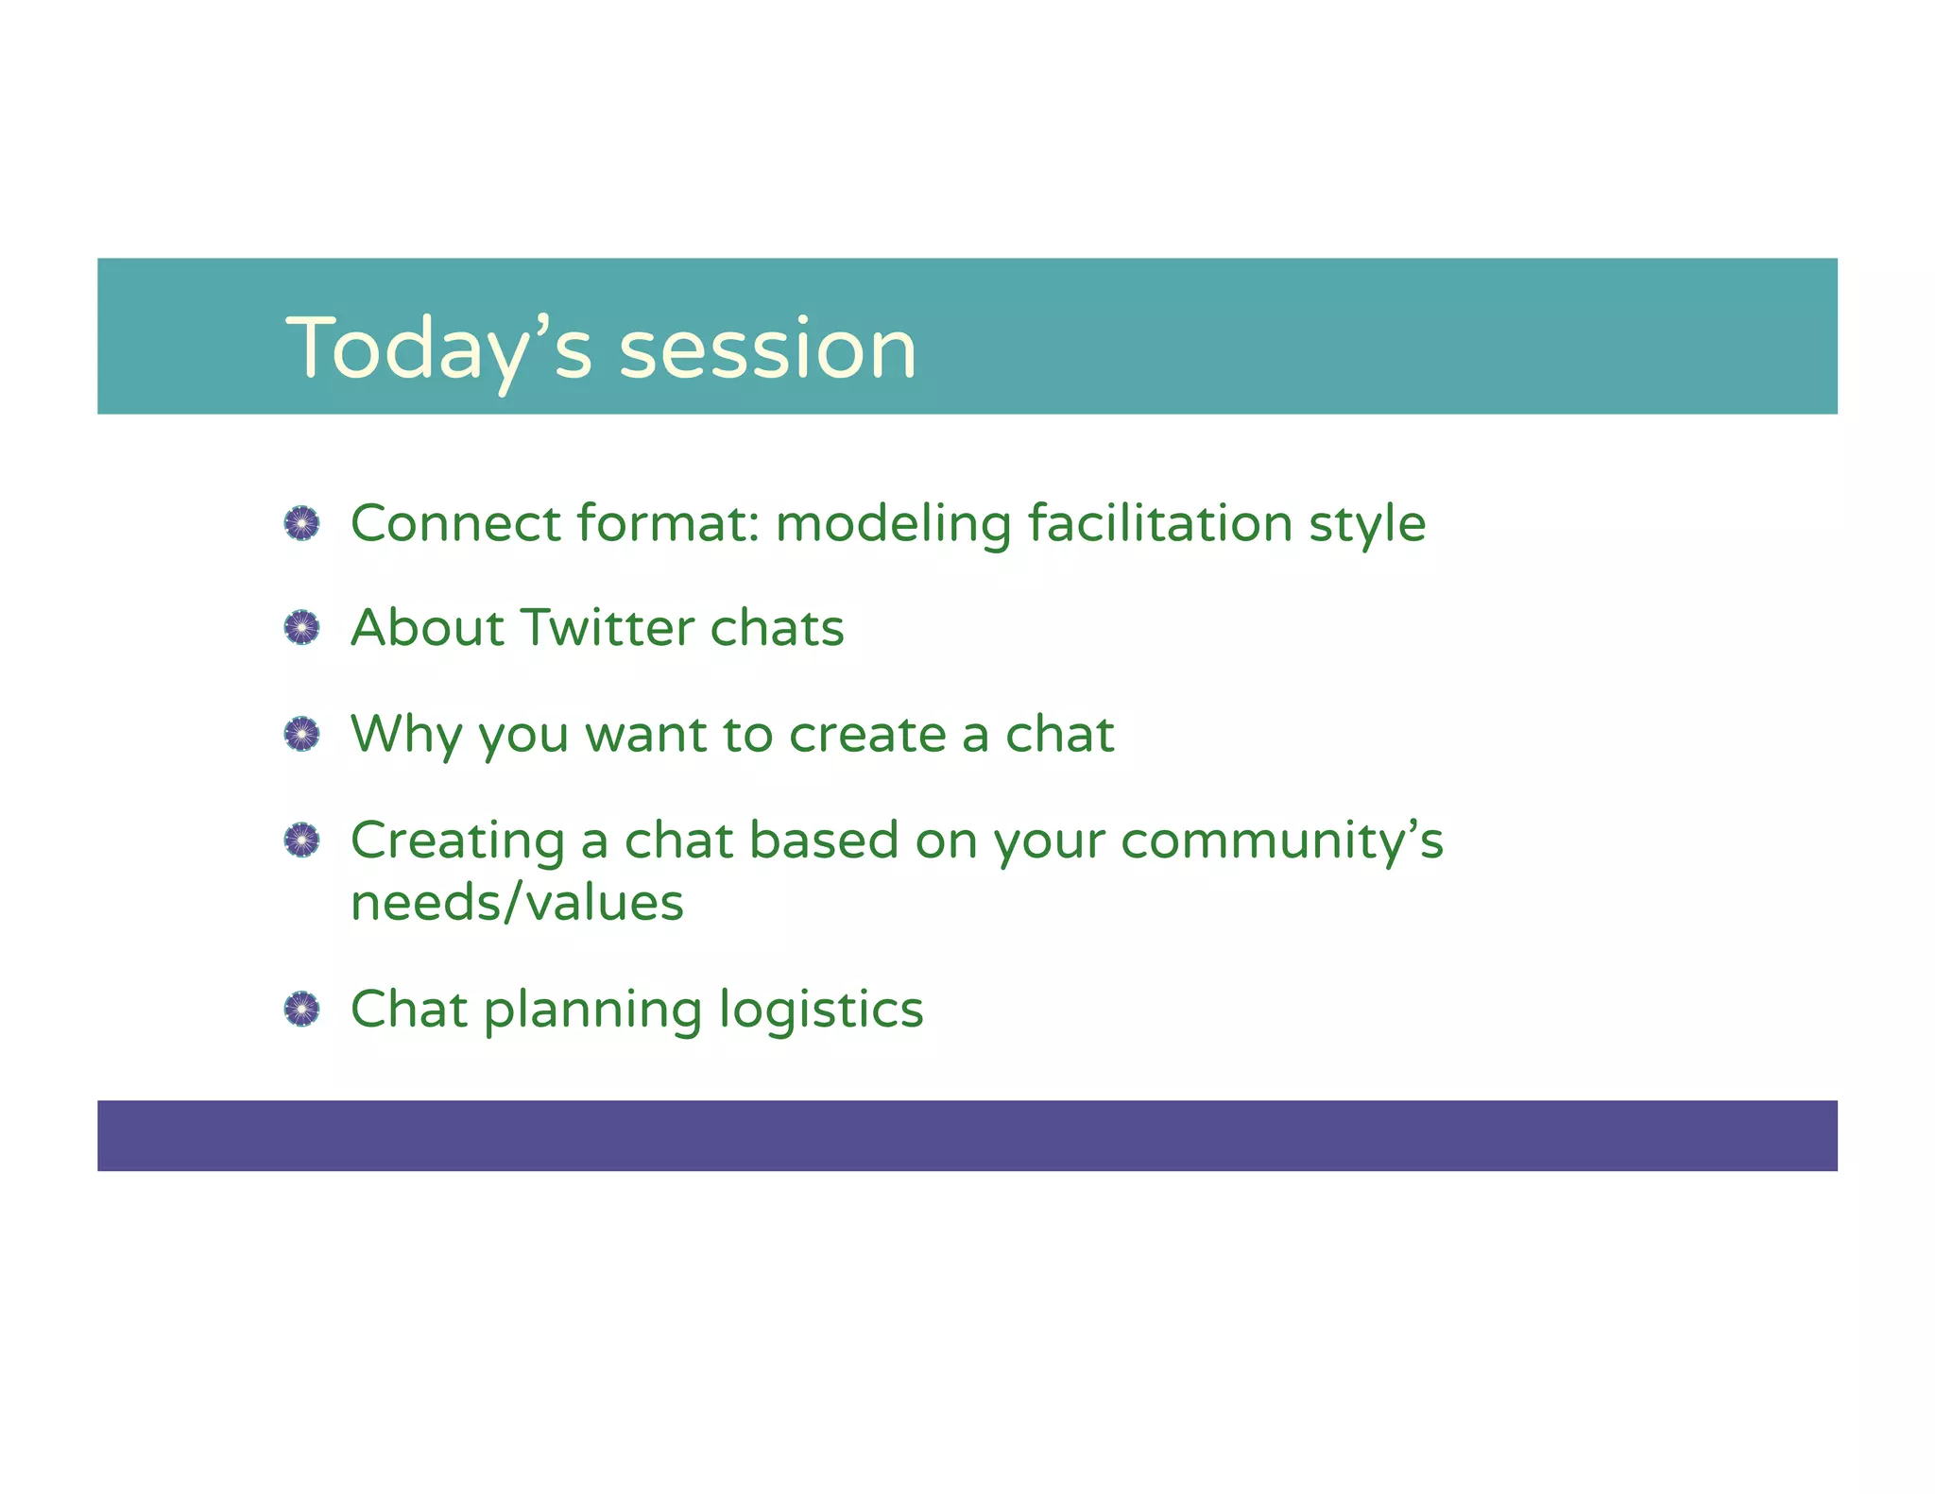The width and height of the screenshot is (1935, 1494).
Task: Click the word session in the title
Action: (767, 349)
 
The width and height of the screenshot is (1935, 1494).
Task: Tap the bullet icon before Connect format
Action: (302, 523)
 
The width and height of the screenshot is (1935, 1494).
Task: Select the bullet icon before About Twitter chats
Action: (302, 628)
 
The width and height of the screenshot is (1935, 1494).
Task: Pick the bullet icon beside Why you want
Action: (302, 734)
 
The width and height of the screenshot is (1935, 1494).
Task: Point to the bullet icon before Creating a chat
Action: (302, 840)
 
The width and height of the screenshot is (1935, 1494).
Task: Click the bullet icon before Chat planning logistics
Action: (302, 1010)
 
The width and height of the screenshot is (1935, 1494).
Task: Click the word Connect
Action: (455, 523)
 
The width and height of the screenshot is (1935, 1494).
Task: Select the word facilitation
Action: (1159, 523)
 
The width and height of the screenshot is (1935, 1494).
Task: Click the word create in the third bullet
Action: (866, 735)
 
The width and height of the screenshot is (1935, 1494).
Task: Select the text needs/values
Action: (517, 903)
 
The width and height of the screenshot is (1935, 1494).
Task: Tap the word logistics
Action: (820, 1010)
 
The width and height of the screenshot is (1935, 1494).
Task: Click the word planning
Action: (592, 1010)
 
